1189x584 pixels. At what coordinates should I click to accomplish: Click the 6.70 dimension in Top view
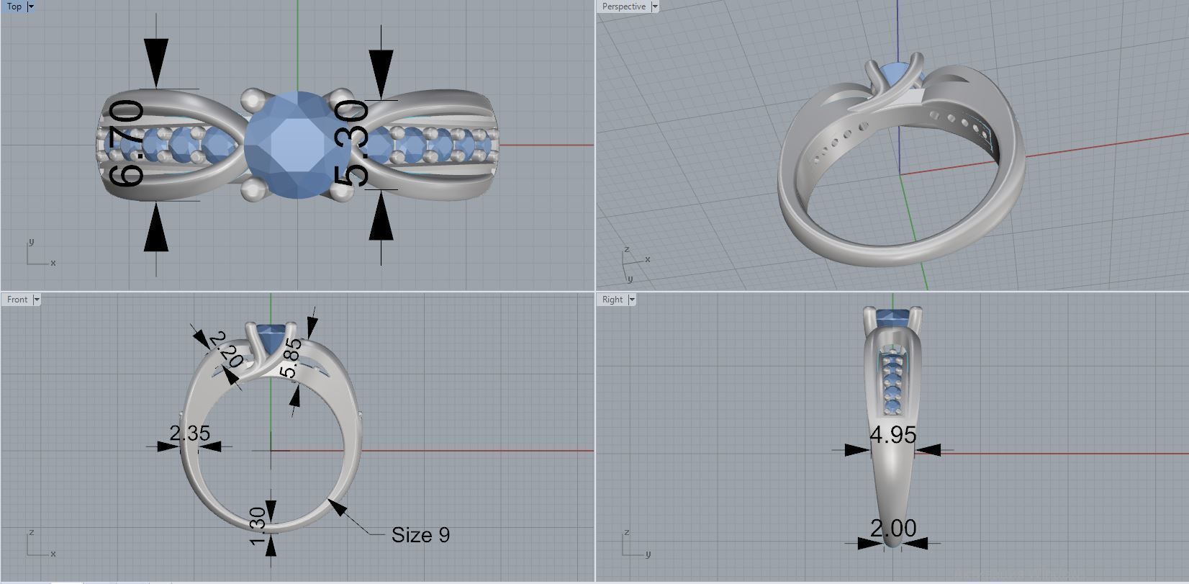(127, 144)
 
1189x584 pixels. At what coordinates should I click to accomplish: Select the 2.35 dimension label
(189, 433)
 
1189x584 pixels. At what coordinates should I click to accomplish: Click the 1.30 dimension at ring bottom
(258, 526)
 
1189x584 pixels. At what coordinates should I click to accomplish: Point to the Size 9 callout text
(420, 535)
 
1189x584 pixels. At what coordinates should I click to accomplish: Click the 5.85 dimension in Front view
(291, 359)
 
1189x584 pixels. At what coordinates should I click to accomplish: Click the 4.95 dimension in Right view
(892, 435)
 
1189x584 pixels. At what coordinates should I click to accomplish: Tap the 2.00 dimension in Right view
(893, 529)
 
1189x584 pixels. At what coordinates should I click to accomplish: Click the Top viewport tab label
(14, 6)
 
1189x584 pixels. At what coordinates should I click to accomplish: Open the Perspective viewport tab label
(623, 6)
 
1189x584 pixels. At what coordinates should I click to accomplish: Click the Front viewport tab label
(17, 300)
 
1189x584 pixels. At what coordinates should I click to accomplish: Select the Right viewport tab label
(612, 300)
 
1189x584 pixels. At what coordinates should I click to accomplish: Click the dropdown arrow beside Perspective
(654, 6)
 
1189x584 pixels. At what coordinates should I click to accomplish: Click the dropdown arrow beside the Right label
(632, 300)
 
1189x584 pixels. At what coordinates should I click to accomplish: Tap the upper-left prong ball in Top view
(252, 98)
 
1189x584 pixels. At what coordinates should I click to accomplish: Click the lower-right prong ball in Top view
(340, 191)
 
